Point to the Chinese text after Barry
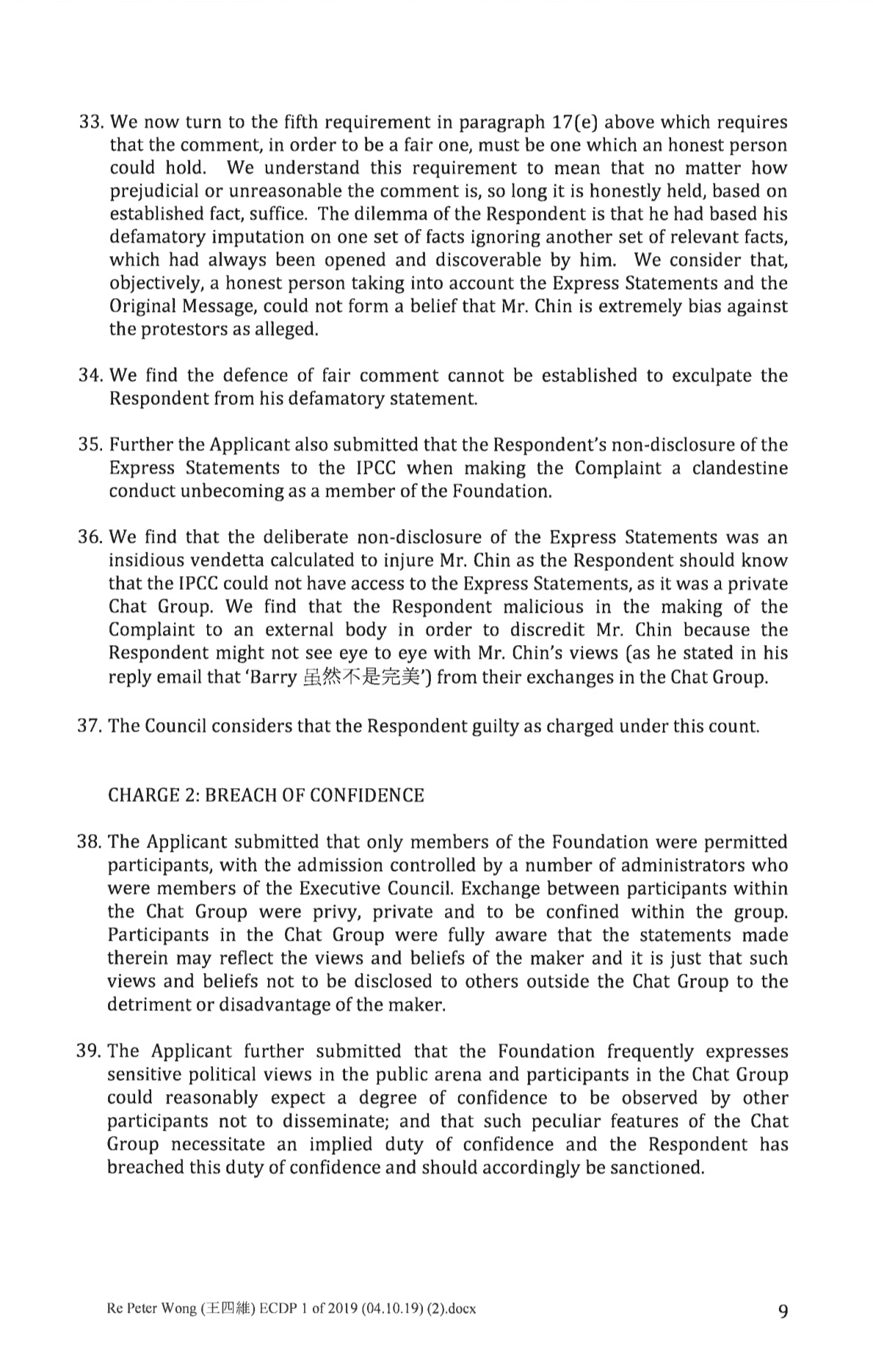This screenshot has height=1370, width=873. (x=359, y=677)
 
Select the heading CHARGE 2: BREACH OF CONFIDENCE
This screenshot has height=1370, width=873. (x=266, y=795)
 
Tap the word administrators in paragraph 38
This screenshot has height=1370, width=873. (x=705, y=865)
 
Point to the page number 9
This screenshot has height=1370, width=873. (x=782, y=1311)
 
